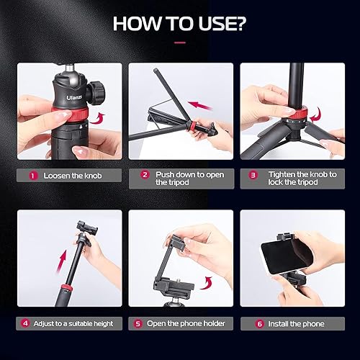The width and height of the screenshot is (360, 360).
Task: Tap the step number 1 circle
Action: (x=32, y=175)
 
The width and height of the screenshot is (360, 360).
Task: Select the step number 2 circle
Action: (x=144, y=175)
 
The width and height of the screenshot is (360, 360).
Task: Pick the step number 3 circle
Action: (x=253, y=175)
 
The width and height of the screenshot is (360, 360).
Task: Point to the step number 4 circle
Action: (x=25, y=323)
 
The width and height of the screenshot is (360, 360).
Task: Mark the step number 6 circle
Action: (x=259, y=323)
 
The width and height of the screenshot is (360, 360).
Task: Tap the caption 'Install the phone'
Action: (x=296, y=324)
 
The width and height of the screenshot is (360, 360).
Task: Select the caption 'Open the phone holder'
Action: (x=186, y=324)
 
